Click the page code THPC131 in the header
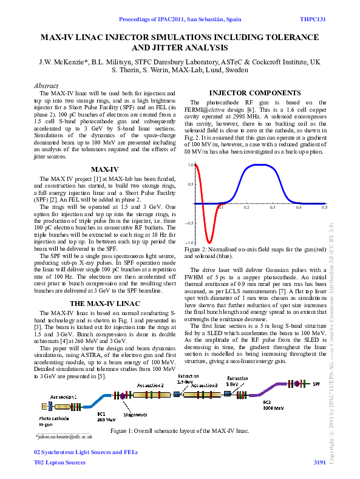click(x=313, y=19)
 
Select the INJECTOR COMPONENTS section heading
click(x=250, y=92)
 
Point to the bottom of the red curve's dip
click(x=208, y=242)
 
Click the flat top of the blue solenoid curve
click(x=260, y=165)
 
